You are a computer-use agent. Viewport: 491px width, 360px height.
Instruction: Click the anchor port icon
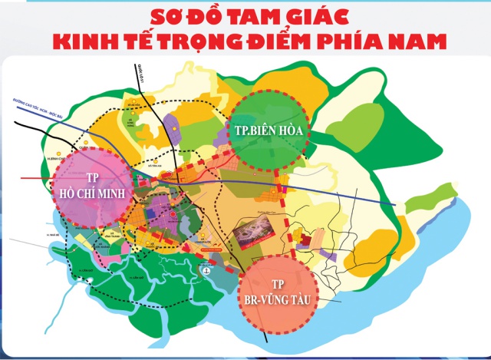tap(206, 271)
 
